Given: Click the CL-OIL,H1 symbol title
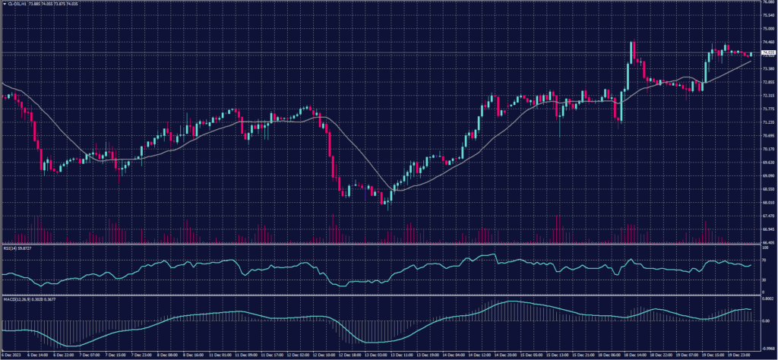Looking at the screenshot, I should [17, 3].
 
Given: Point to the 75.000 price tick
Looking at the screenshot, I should [766, 29].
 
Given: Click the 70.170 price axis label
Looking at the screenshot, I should [766, 149].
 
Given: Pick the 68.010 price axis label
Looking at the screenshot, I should [766, 203].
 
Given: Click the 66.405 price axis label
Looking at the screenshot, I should [766, 243].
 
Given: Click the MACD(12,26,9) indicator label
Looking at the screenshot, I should [18, 298].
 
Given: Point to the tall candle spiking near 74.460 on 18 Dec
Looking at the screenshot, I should [631, 53].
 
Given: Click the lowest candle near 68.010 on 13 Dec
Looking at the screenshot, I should [386, 203].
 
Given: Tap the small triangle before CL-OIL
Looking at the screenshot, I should [2, 3].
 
